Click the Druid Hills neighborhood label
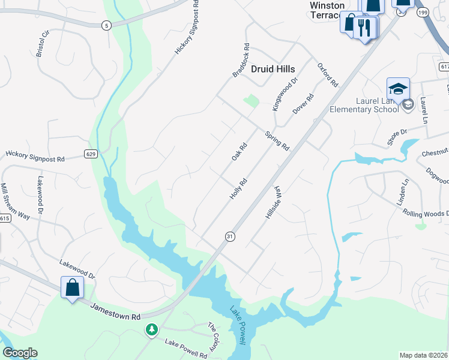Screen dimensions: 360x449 273,69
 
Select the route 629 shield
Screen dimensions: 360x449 91,154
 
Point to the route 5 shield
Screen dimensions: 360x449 106,25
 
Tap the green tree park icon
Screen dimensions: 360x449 152,329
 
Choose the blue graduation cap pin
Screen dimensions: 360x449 398,89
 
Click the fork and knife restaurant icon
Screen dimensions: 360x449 364,26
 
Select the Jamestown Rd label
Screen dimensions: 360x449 115,311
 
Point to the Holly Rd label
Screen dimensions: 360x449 238,189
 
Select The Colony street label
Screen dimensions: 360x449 214,337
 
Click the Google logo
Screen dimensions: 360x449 20,353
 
